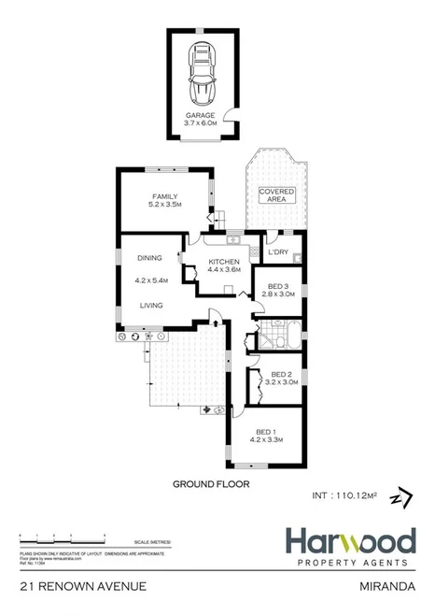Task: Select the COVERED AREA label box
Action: pos(276,195)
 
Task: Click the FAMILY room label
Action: pos(164,200)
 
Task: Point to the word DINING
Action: pos(150,258)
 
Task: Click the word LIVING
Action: pos(152,305)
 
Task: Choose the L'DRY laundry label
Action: pos(277,252)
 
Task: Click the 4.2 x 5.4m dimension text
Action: pos(150,280)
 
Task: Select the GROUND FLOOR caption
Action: pos(201,485)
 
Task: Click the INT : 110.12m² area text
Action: pos(343,495)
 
